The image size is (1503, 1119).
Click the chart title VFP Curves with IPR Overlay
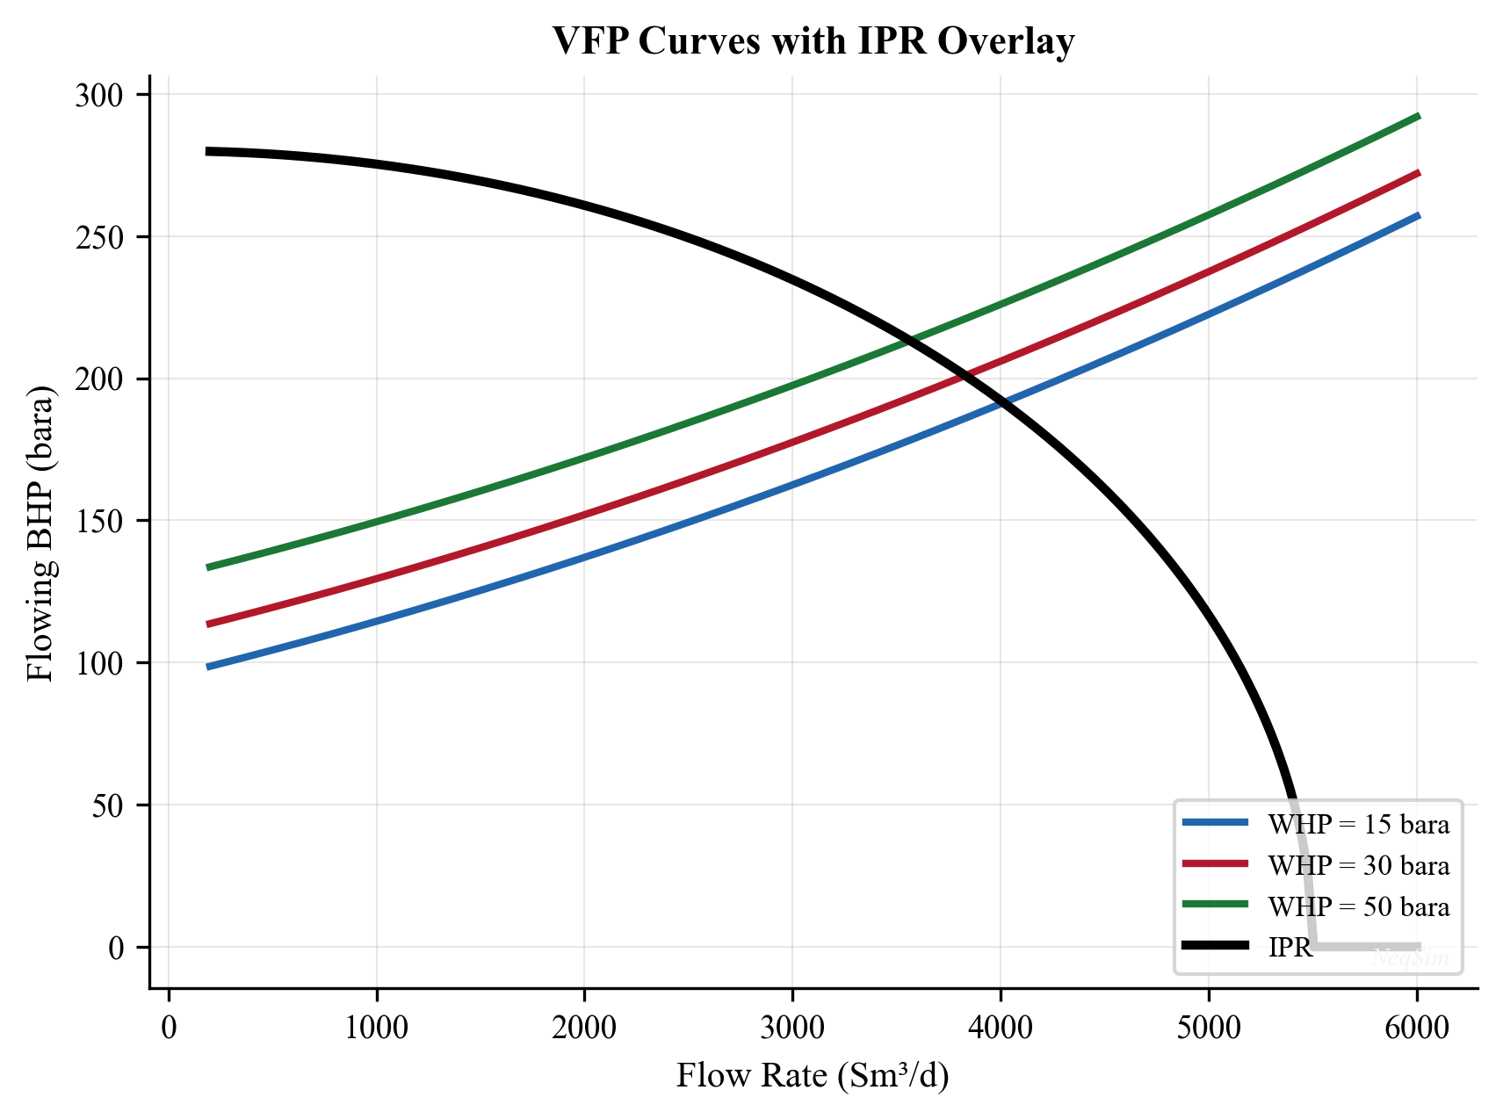click(x=813, y=41)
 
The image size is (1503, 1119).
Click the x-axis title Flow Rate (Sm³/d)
click(x=813, y=1075)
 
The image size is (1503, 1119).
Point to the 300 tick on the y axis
click(x=99, y=95)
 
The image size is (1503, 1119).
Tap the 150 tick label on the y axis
click(x=99, y=521)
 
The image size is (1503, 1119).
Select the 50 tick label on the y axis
click(x=107, y=805)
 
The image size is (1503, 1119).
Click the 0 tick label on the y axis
click(x=117, y=948)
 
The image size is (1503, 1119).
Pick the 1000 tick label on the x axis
click(x=376, y=1028)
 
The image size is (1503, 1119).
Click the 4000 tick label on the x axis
click(x=1001, y=1028)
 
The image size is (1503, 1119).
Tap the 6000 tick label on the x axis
click(x=1416, y=1028)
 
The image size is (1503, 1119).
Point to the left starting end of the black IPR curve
click(x=208, y=152)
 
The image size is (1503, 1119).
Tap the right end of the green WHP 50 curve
click(x=1418, y=116)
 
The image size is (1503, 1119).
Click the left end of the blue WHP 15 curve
click(x=208, y=668)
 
